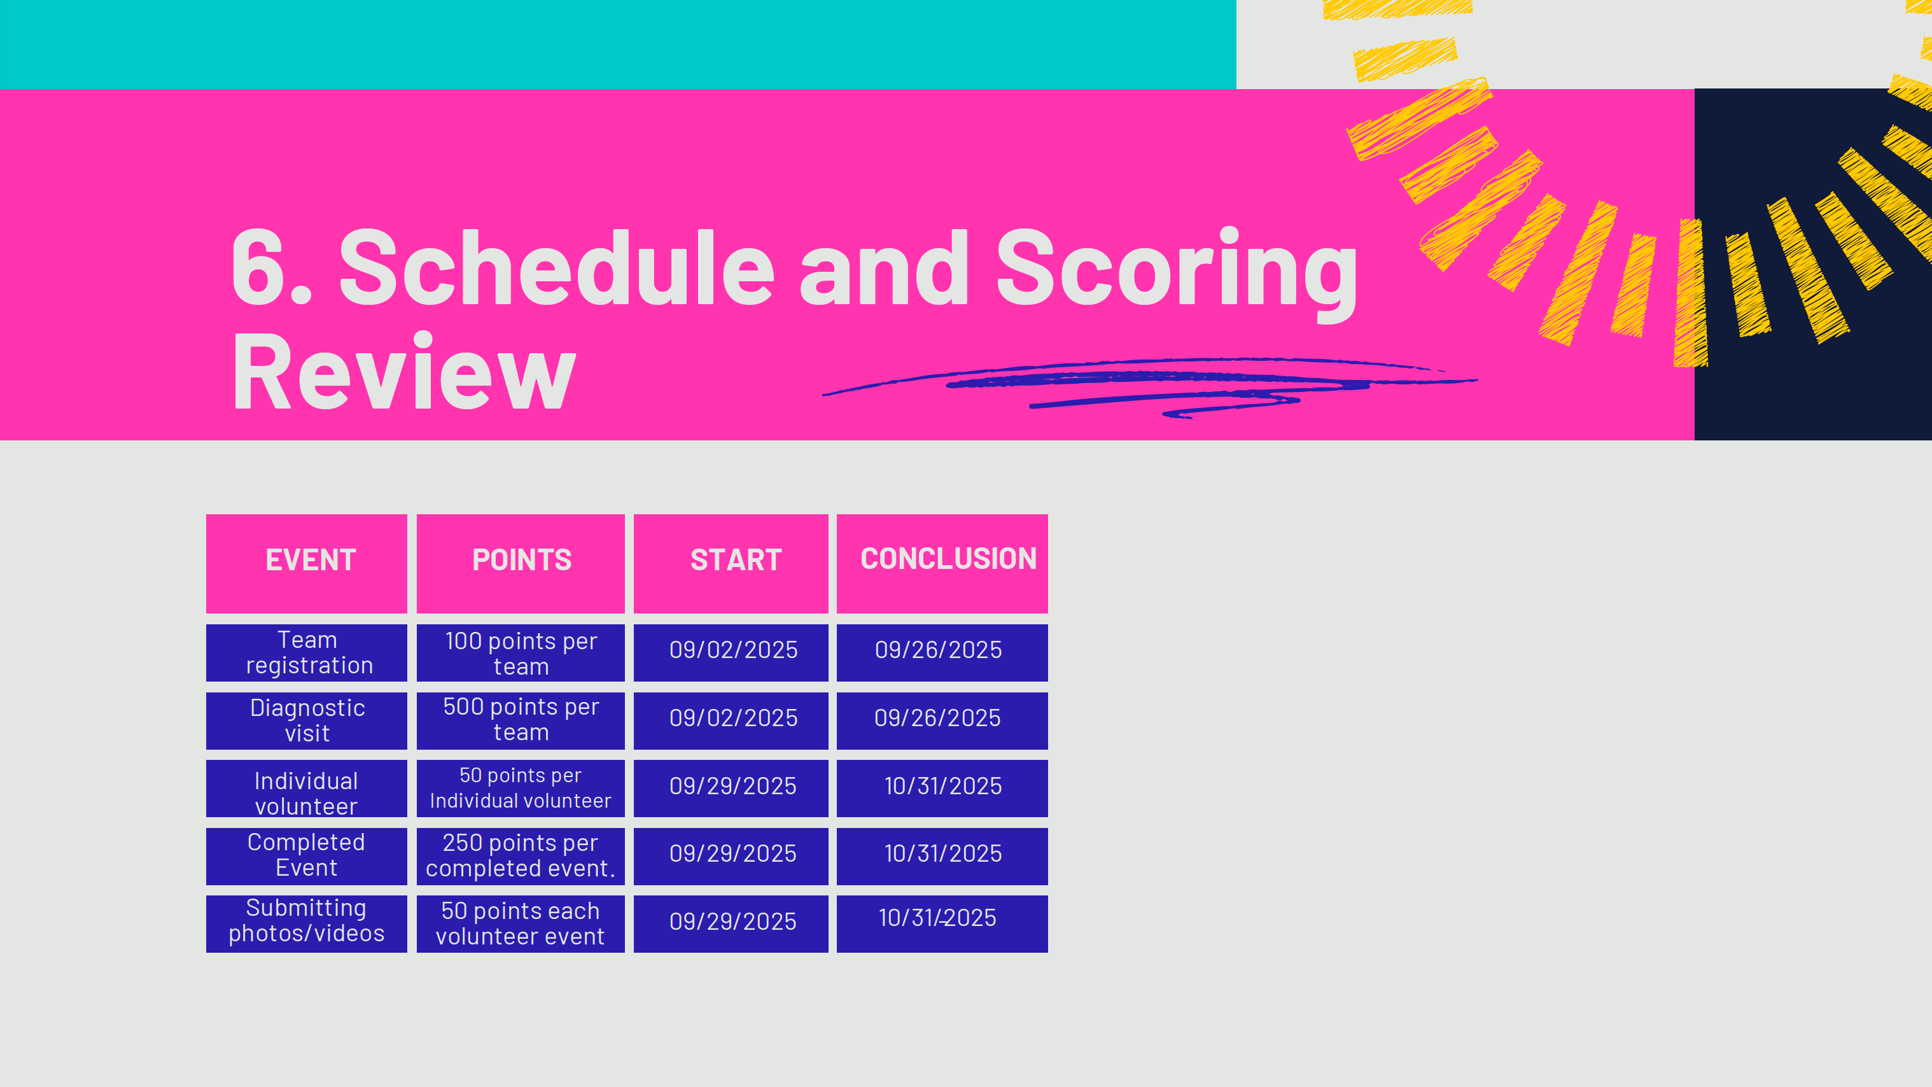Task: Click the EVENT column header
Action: point(306,563)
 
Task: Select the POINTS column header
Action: point(521,563)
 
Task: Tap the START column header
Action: point(731,563)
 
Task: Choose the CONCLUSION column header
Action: point(942,563)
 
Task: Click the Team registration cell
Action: point(306,653)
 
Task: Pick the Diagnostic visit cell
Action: point(306,720)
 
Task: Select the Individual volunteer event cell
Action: point(306,789)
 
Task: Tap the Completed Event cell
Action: point(306,856)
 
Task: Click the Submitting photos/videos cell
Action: point(306,923)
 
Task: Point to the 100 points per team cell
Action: point(521,653)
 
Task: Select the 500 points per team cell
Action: point(521,720)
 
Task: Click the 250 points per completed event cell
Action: point(521,856)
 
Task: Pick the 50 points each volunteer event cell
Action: point(521,923)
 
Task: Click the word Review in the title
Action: point(404,371)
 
